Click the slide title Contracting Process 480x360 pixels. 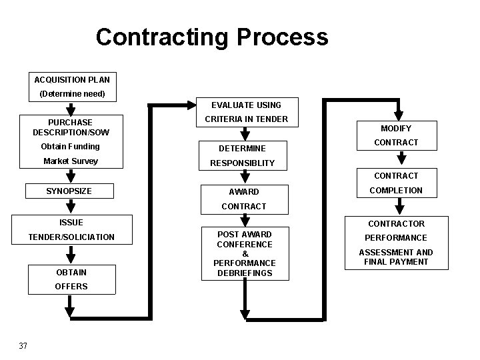(x=212, y=37)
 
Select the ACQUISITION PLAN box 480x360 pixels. (x=72, y=80)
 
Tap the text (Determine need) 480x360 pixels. (x=72, y=94)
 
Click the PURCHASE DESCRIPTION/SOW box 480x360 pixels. (x=71, y=127)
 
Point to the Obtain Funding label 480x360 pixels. (x=70, y=147)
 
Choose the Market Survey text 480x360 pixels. (x=70, y=161)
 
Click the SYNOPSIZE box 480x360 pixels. (x=69, y=191)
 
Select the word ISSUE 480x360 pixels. (x=71, y=222)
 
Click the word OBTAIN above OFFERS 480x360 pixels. (x=71, y=272)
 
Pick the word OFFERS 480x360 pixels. (x=71, y=287)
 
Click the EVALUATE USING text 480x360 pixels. (x=246, y=105)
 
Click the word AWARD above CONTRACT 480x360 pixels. (x=243, y=191)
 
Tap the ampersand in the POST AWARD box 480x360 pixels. (x=245, y=254)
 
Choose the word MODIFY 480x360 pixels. (x=396, y=128)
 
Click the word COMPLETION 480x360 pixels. (x=397, y=191)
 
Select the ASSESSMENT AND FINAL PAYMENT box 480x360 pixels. (x=396, y=257)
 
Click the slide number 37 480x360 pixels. (x=23, y=345)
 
